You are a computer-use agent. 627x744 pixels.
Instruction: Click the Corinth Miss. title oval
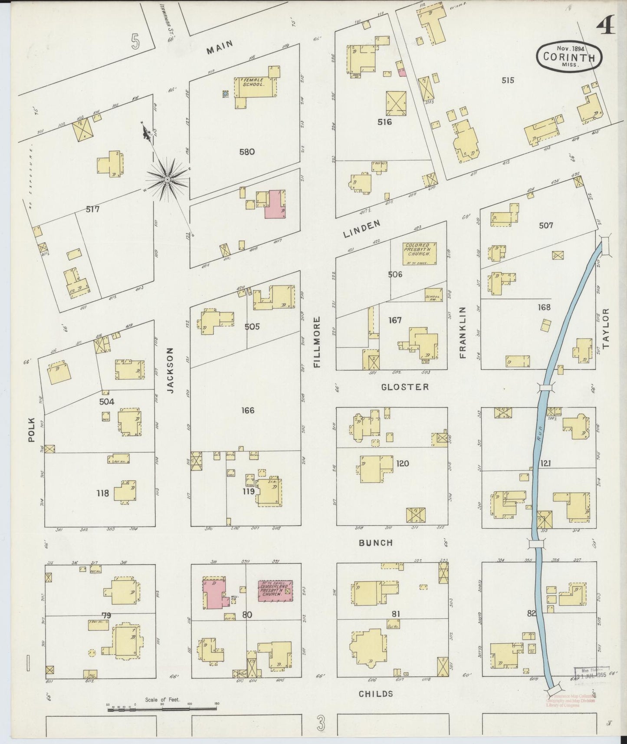pyautogui.click(x=569, y=56)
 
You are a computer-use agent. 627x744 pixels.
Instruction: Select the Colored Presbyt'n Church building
pyautogui.click(x=419, y=253)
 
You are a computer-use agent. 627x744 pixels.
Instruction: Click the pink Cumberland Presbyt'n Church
pyautogui.click(x=275, y=591)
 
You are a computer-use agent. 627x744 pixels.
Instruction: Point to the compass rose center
pyautogui.click(x=167, y=178)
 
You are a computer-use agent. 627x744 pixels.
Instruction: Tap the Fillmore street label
pyautogui.click(x=317, y=342)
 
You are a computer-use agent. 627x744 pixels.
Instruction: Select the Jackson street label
pyautogui.click(x=170, y=370)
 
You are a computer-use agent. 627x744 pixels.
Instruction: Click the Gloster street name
pyautogui.click(x=404, y=387)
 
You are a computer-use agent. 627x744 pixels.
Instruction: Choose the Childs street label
pyautogui.click(x=376, y=694)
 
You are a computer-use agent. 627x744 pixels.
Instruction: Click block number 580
pyautogui.click(x=246, y=152)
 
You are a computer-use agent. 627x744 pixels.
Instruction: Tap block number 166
pyautogui.click(x=248, y=410)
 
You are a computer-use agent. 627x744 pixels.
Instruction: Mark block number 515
pyautogui.click(x=507, y=80)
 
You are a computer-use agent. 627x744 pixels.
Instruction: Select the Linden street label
pyautogui.click(x=362, y=229)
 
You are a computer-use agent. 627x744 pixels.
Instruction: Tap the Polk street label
pyautogui.click(x=31, y=429)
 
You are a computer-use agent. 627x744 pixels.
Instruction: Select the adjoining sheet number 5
pyautogui.click(x=136, y=41)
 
